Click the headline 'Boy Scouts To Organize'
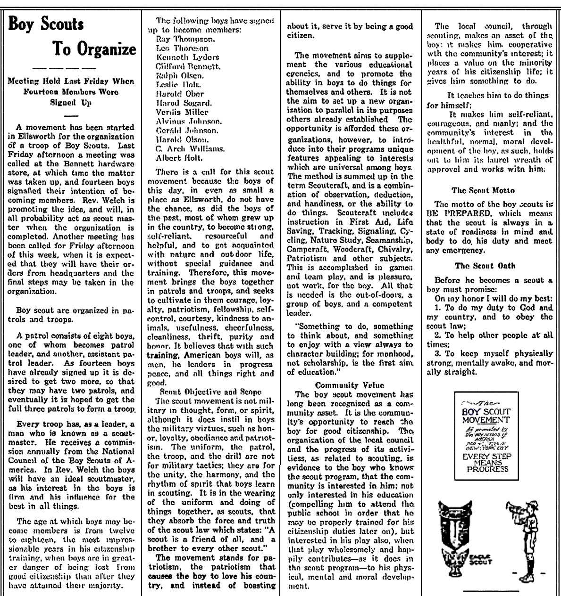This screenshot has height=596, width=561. coord(72,36)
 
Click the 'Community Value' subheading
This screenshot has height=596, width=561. coord(350,385)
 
